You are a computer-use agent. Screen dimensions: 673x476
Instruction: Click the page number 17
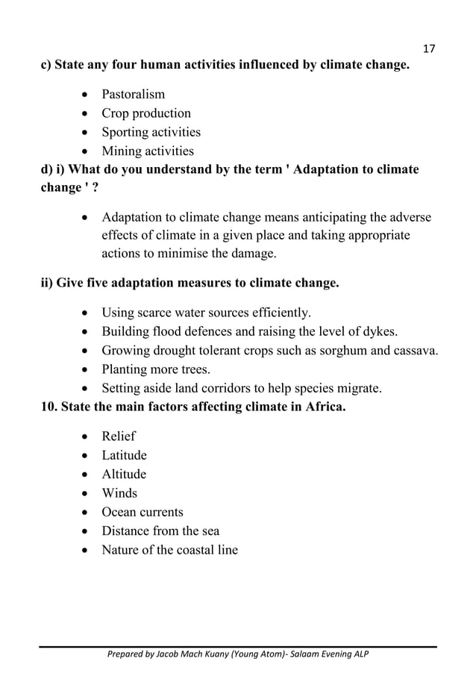click(428, 49)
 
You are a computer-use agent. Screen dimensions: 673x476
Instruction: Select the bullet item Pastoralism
click(134, 95)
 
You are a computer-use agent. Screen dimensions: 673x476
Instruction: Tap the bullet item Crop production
click(146, 113)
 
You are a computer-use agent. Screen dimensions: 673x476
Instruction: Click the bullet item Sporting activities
click(151, 132)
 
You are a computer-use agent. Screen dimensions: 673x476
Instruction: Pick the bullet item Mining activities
click(148, 151)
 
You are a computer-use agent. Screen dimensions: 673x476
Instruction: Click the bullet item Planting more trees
click(156, 369)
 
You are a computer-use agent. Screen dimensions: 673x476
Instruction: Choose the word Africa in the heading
click(325, 407)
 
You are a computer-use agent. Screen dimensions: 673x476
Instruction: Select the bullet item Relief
click(119, 436)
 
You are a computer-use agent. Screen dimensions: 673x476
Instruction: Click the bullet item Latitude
click(124, 455)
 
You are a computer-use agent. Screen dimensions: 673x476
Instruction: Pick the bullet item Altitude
click(124, 475)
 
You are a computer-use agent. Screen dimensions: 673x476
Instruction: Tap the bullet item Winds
click(119, 493)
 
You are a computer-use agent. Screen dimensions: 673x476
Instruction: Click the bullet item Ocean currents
click(143, 512)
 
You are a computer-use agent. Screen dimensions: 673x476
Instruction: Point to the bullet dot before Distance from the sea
click(87, 531)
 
